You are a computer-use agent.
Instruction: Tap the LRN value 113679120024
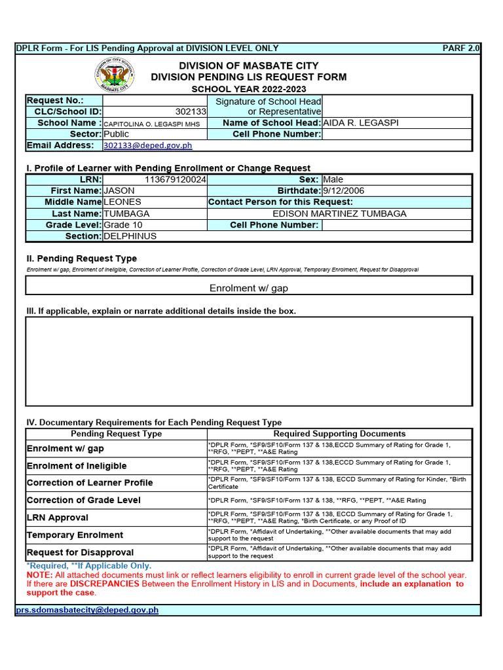point(175,179)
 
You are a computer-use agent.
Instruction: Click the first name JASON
point(119,190)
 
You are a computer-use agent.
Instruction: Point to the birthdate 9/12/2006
point(344,190)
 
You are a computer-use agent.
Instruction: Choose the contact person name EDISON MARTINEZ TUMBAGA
point(339,213)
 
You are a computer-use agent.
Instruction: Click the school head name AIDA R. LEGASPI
point(361,123)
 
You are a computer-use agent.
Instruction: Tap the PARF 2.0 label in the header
point(461,48)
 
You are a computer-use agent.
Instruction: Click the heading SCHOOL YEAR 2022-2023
point(248,89)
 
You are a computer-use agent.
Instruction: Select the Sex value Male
point(333,179)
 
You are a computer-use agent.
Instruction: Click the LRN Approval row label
point(58,518)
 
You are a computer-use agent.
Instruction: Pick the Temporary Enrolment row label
point(75,535)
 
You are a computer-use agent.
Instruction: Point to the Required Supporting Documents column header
point(339,434)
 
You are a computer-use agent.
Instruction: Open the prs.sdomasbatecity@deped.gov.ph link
point(87,610)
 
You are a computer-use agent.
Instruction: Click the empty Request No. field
point(155,101)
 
